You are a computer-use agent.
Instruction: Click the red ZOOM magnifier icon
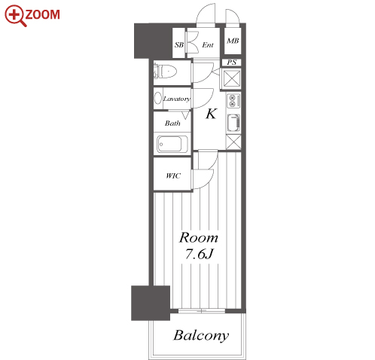15,15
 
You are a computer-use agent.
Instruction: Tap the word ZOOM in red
43,14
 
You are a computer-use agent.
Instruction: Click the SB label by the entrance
179,45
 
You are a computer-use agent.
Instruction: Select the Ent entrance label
208,45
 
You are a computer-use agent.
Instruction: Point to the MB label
233,41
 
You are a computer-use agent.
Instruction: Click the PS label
231,63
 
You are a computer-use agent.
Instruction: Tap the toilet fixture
165,72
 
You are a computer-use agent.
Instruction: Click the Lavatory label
176,99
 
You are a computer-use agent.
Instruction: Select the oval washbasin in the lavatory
158,98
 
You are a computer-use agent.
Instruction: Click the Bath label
172,123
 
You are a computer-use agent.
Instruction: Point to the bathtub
172,144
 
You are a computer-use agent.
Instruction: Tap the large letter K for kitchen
211,114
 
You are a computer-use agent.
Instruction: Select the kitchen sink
233,123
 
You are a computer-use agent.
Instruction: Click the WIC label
173,175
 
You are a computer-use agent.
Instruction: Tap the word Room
199,237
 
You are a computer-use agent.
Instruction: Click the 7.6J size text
199,254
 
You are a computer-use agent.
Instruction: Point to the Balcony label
201,335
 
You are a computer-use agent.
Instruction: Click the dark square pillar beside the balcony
151,303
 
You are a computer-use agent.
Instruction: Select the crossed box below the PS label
231,78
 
